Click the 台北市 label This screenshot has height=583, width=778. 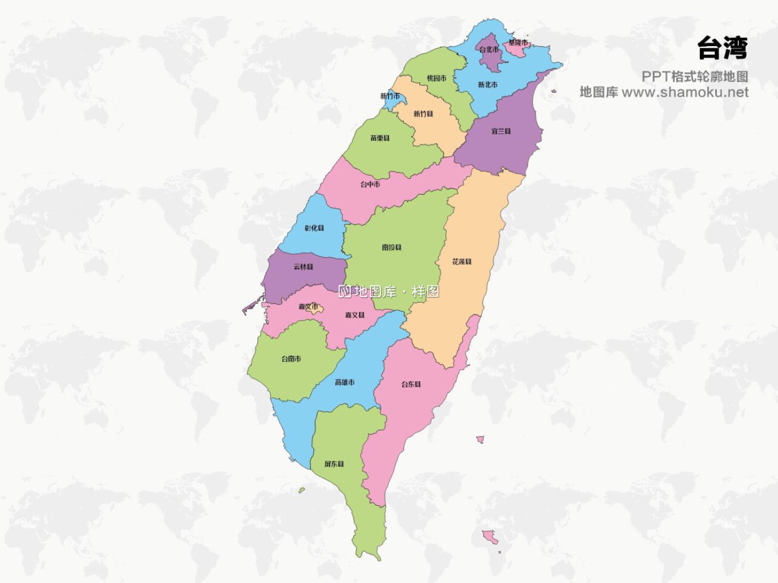tap(489, 50)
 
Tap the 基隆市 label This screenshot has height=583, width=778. tap(518, 42)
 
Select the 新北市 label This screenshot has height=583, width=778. tap(488, 84)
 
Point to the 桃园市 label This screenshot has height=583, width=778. tap(437, 78)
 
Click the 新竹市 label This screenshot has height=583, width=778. tap(390, 96)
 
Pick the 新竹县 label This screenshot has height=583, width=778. tap(423, 113)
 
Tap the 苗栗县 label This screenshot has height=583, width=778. tap(380, 138)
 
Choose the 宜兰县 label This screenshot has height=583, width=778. tap(501, 131)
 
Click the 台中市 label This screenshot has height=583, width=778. tap(370, 184)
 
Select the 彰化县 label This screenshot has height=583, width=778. tap(314, 228)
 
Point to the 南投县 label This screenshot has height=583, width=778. tap(392, 247)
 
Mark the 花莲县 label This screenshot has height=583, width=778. tap(462, 262)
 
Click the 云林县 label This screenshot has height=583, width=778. tap(303, 267)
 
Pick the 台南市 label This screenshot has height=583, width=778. tap(291, 359)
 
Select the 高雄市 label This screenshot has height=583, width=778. tap(345, 382)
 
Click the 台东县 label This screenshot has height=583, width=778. tap(411, 384)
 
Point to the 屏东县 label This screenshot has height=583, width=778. tap(334, 464)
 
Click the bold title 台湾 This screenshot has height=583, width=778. tap(722, 49)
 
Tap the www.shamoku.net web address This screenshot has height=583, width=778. tap(685, 92)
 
